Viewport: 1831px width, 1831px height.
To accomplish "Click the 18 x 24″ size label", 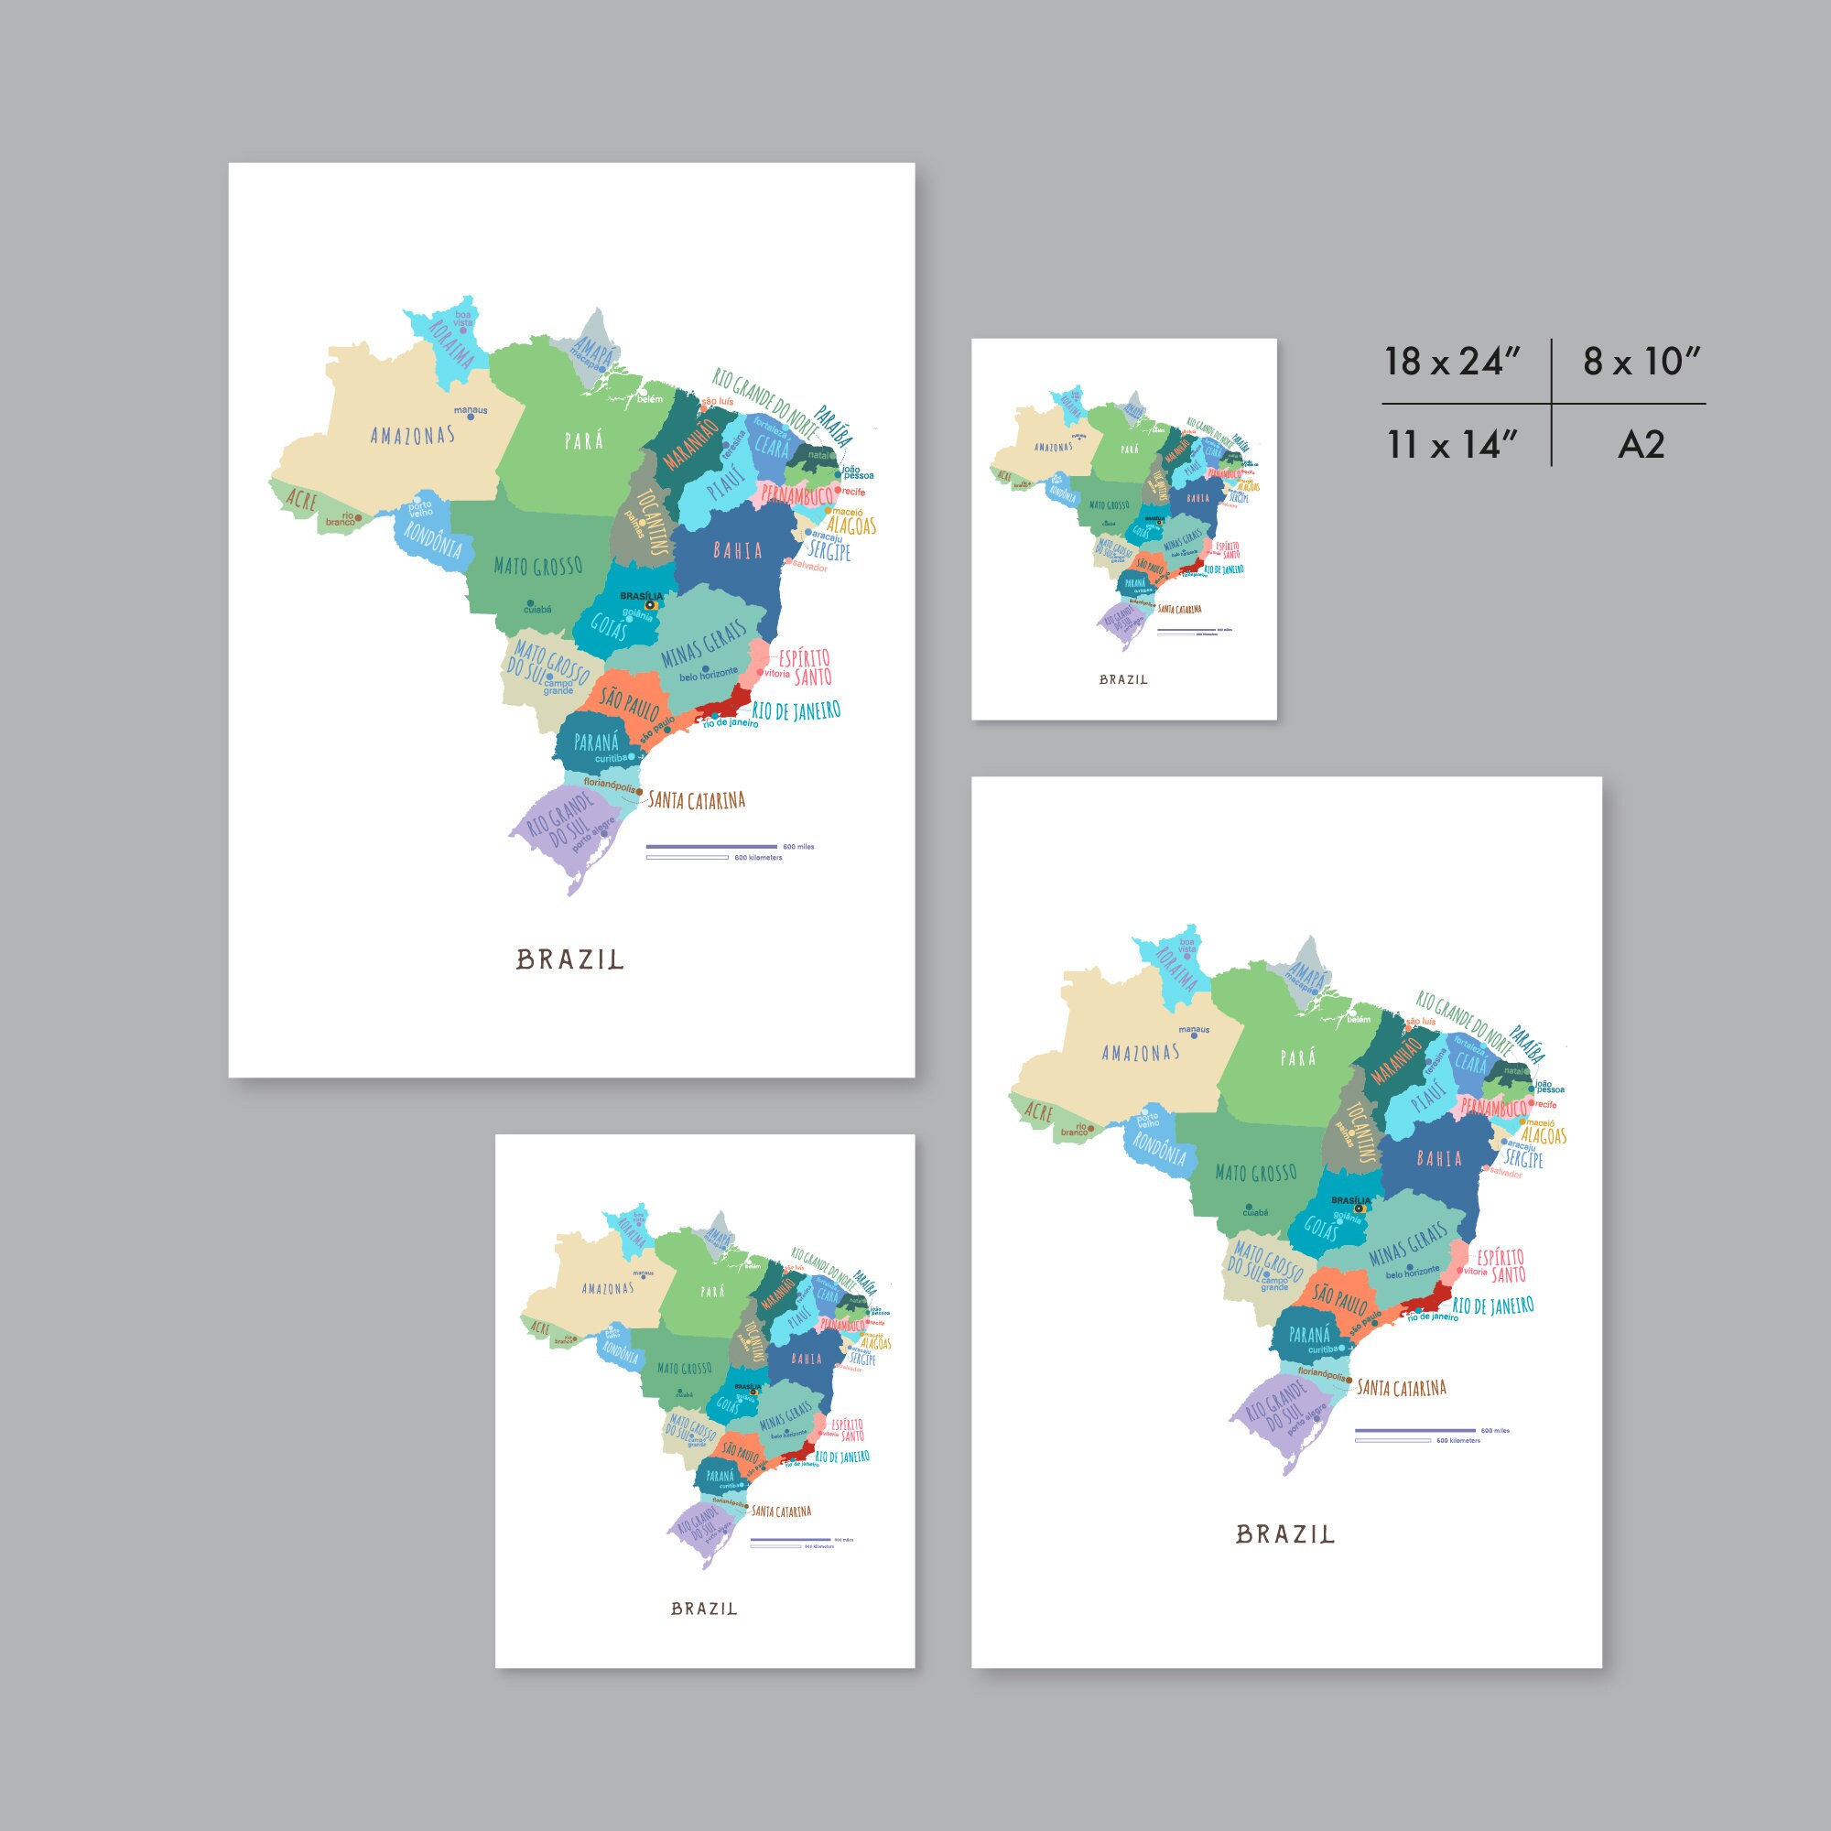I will coord(1452,362).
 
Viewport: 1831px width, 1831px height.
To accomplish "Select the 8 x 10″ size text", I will coord(1641,362).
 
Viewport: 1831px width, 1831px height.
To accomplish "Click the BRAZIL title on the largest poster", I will coord(569,960).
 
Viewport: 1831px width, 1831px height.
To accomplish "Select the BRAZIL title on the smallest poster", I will coord(1123,679).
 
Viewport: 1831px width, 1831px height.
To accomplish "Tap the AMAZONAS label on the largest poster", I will coord(412,436).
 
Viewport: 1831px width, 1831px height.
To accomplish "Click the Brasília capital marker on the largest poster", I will coord(650,604).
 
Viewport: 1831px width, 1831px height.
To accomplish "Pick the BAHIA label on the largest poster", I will coord(737,550).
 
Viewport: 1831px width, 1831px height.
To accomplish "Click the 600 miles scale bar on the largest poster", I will coord(710,846).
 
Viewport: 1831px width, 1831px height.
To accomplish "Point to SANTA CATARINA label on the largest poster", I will coord(697,801).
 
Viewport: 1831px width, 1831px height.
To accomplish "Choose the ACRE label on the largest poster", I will coord(300,500).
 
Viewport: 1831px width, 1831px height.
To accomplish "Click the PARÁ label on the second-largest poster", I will coord(1297,1057).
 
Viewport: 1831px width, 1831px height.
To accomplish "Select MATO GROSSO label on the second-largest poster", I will coord(1256,1174).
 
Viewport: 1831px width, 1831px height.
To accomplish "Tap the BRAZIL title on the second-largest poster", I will coord(1285,1534).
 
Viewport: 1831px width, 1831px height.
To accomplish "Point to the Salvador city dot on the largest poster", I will coord(788,562).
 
